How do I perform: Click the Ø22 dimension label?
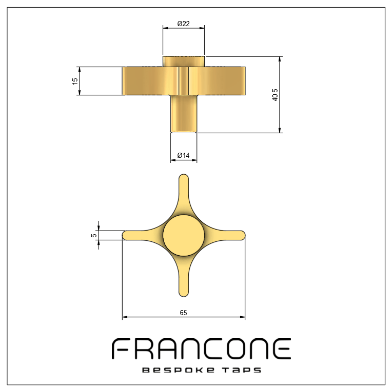184,24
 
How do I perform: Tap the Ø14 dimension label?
184,155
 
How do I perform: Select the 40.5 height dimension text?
275,95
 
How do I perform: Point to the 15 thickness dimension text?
75,81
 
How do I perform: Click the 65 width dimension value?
183,313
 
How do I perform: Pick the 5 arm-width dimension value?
94,235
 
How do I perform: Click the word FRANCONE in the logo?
201,349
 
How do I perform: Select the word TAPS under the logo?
242,370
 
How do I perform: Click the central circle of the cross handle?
184,235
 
